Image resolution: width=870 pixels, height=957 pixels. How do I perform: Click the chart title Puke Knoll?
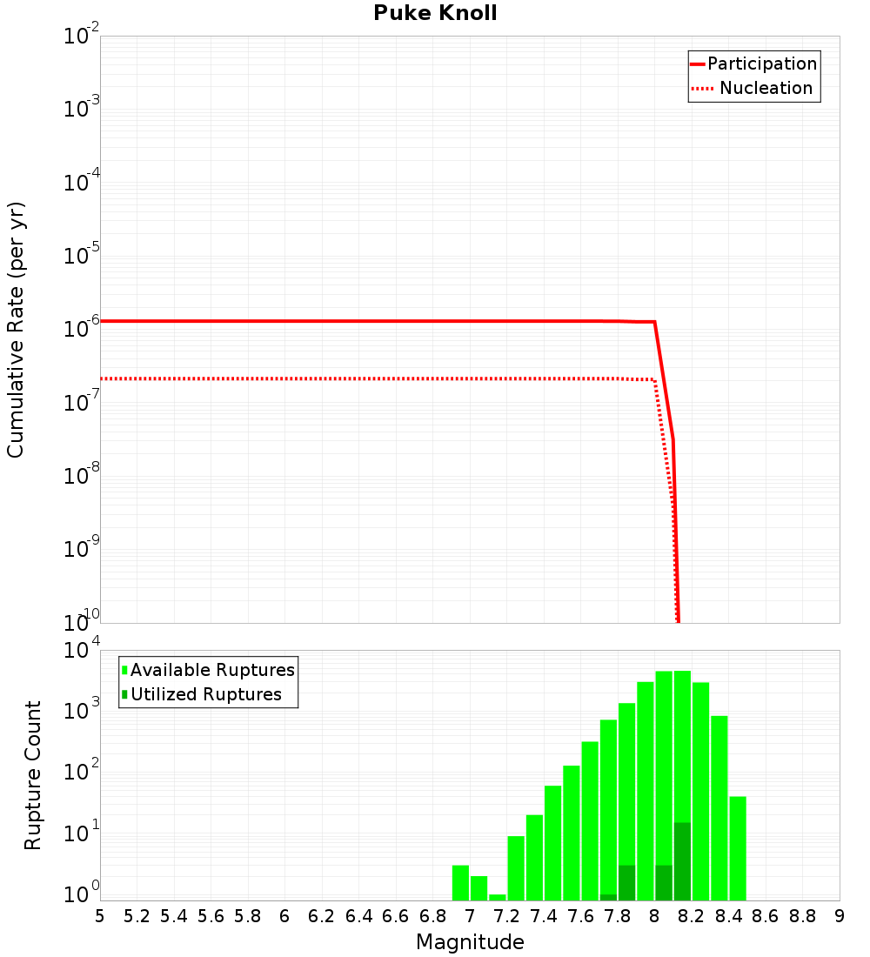click(435, 14)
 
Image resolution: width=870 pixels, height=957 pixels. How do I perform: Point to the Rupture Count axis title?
click(33, 775)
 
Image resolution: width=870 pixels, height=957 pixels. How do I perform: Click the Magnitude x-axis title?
click(470, 942)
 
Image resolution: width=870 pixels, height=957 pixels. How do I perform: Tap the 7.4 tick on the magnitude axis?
click(544, 916)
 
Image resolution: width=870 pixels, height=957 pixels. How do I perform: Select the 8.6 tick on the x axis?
click(766, 916)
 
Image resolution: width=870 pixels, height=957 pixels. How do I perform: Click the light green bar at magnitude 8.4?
click(738, 848)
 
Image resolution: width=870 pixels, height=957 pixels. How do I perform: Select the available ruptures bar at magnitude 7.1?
click(498, 897)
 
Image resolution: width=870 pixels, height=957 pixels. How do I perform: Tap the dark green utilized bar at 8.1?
click(682, 861)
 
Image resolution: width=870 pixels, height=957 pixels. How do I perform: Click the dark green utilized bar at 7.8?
click(626, 883)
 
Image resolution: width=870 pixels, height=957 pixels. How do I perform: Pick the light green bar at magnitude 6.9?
click(460, 883)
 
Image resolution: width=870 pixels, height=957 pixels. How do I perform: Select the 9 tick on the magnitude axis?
click(840, 916)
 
